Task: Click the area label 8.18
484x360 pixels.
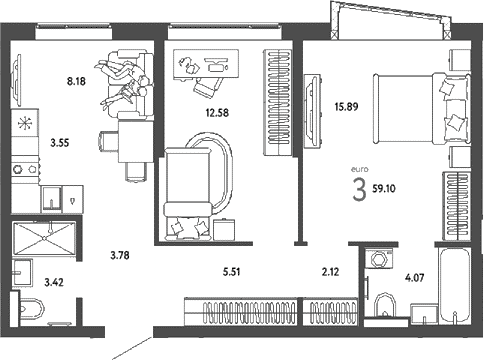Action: tap(76, 81)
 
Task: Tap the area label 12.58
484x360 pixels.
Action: tap(217, 113)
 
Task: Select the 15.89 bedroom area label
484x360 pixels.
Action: tap(346, 107)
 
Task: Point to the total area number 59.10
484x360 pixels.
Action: tap(384, 189)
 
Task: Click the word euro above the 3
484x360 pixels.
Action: tap(360, 169)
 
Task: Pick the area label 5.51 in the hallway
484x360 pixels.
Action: tap(231, 272)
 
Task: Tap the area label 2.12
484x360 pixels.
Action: tap(330, 272)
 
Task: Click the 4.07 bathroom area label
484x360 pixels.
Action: tap(415, 277)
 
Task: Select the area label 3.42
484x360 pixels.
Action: tap(54, 283)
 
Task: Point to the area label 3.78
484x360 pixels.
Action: tap(120, 256)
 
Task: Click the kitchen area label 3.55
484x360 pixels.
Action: tap(60, 143)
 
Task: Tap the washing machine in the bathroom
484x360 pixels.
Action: tap(378, 258)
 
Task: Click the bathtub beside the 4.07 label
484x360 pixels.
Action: tap(455, 286)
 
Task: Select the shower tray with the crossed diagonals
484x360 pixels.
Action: tap(44, 239)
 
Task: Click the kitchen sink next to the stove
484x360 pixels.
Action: tap(51, 199)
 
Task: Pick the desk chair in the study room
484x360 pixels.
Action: tap(208, 87)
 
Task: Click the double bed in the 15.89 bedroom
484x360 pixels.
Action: tap(422, 109)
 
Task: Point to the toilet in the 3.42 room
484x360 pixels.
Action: tap(31, 309)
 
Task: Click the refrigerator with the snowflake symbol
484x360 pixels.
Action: tap(25, 124)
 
